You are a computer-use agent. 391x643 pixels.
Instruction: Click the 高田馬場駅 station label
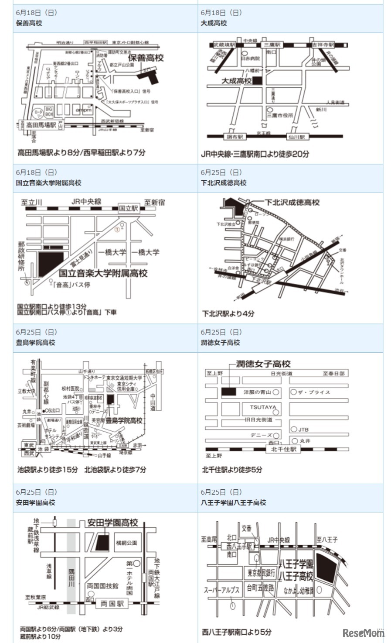(x=41, y=125)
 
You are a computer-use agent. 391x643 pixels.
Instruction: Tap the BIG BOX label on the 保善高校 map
(x=49, y=112)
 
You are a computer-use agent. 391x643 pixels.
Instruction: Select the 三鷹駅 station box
(x=272, y=45)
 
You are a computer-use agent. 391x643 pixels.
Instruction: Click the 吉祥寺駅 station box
(x=323, y=45)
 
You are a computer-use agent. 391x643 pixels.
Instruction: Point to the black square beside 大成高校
(x=258, y=81)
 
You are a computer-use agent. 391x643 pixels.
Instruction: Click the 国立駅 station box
(x=129, y=208)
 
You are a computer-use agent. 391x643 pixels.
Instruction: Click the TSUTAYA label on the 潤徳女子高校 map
(x=263, y=407)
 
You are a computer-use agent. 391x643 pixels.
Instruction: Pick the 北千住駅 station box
(x=283, y=449)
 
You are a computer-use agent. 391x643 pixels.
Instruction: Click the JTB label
(x=303, y=430)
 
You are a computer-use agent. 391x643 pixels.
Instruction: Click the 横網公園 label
(x=126, y=543)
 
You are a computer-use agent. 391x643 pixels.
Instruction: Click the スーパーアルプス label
(x=222, y=590)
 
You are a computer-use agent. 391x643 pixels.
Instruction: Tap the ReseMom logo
(x=364, y=633)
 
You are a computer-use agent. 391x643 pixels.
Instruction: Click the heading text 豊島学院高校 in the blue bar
(x=36, y=343)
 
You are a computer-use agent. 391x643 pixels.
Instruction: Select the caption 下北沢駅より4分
(x=228, y=313)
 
